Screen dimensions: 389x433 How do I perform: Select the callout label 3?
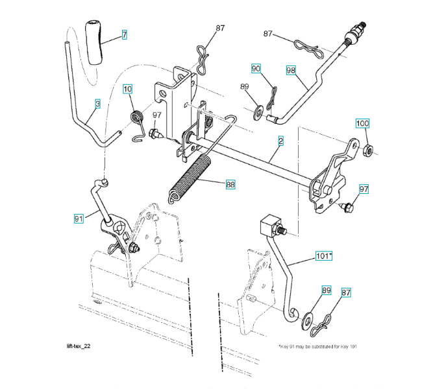(x=97, y=103)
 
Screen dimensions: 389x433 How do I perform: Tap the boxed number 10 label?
(x=127, y=89)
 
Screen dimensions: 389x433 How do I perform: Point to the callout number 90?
(x=256, y=68)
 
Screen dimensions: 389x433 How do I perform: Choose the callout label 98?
(x=291, y=69)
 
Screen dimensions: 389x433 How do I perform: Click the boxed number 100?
(x=362, y=123)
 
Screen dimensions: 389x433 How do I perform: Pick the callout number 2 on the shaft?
(x=280, y=139)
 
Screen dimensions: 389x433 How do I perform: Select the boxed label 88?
(x=230, y=184)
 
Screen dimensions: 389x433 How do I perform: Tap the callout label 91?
(x=79, y=219)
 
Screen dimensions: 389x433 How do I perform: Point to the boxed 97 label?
(x=364, y=189)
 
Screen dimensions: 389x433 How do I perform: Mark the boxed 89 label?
(x=326, y=291)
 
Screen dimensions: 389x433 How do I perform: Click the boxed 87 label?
(x=346, y=293)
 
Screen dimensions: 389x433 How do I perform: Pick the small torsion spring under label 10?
(x=136, y=120)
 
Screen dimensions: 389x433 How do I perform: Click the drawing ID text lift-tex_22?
(x=79, y=347)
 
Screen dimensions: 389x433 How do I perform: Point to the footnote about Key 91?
(x=318, y=347)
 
